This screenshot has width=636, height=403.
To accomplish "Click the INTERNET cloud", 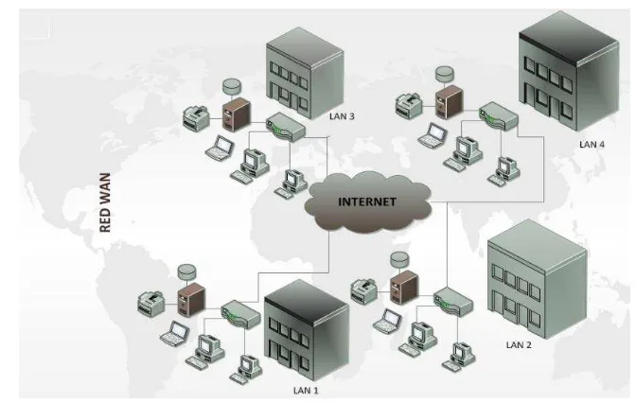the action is tap(367, 201).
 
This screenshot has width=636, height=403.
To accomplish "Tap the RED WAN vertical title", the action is tap(105, 202).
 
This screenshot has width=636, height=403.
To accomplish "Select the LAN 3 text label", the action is tap(342, 116).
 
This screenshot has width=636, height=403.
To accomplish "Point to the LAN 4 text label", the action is tap(592, 145).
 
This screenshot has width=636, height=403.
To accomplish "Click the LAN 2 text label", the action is tap(519, 345).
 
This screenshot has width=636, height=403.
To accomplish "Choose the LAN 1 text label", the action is tap(306, 391).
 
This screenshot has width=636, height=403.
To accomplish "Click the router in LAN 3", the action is tap(285, 127).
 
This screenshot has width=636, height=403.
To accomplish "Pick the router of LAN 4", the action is tap(498, 116).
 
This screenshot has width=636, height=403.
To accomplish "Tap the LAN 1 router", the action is tap(240, 313).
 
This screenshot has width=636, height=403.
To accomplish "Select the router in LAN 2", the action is tap(453, 301).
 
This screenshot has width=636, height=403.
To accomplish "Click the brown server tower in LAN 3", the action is tap(237, 114).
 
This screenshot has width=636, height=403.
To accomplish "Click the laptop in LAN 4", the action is tap(433, 135).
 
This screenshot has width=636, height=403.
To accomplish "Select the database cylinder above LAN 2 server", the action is tap(399, 259).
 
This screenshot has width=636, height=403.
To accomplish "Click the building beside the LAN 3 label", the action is tap(305, 74).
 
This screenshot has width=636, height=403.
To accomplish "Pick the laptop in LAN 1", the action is tap(175, 333).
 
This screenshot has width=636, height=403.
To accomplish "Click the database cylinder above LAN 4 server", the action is tap(445, 74).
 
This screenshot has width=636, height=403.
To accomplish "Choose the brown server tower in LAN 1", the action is tap(191, 300).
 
